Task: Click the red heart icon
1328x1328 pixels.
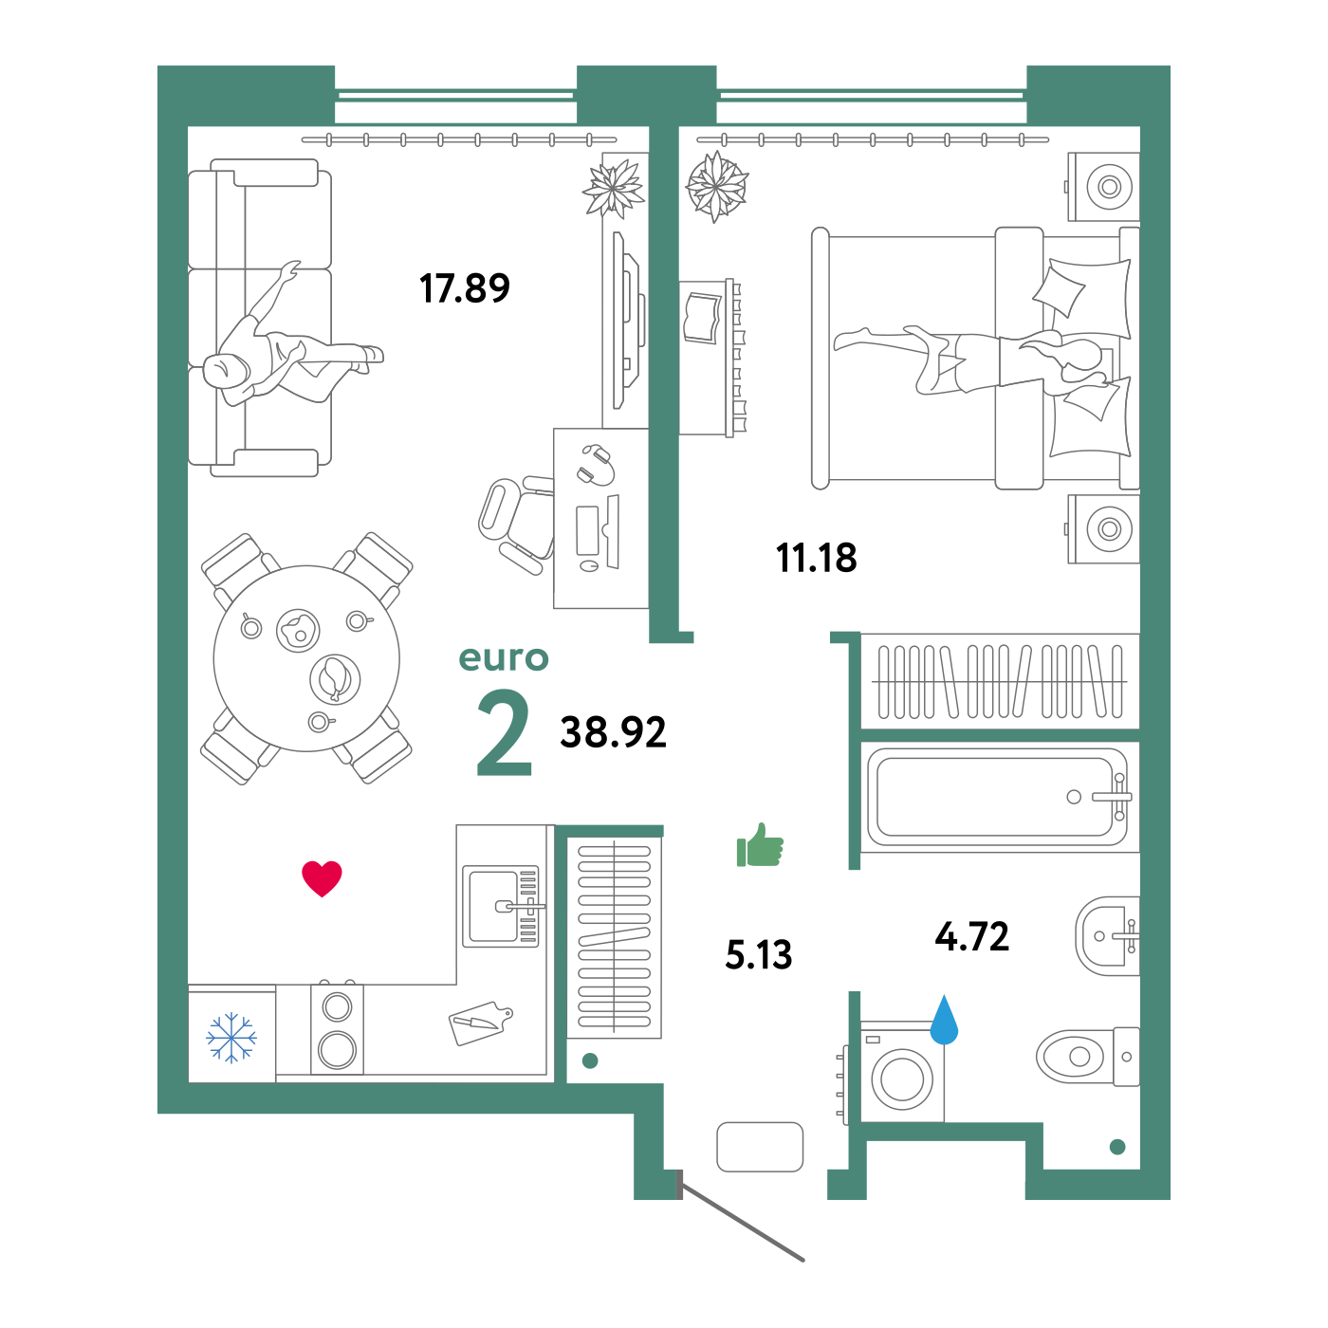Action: tap(322, 877)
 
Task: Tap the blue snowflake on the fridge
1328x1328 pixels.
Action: tap(231, 1037)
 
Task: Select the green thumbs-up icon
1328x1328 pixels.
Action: tap(761, 845)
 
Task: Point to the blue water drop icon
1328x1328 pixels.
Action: tap(944, 1022)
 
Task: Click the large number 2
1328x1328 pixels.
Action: tap(505, 733)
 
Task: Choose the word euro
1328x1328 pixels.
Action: tap(504, 657)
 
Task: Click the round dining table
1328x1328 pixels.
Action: tap(306, 658)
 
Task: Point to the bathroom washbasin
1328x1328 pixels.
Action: tap(1105, 936)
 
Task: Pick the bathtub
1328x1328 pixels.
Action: tap(996, 797)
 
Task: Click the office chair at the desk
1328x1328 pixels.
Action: tap(513, 522)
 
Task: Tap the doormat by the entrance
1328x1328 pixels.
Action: tap(760, 1147)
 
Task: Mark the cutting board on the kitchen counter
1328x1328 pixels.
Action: tap(480, 1023)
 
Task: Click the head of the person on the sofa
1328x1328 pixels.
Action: tap(223, 369)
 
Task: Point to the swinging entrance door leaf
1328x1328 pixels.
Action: tap(742, 1222)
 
